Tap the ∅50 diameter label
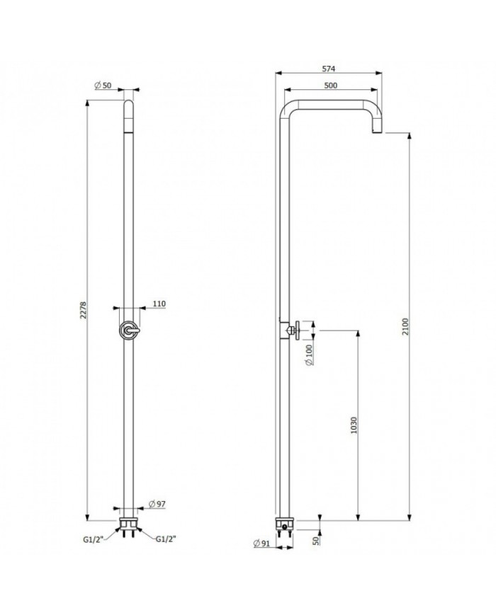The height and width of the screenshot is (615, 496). point(103,86)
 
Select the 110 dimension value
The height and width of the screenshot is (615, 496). point(159,304)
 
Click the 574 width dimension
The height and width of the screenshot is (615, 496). point(327,69)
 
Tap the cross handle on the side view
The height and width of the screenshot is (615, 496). point(300,329)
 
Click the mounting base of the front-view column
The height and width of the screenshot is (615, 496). point(129,524)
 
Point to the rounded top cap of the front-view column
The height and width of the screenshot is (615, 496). point(129,108)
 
